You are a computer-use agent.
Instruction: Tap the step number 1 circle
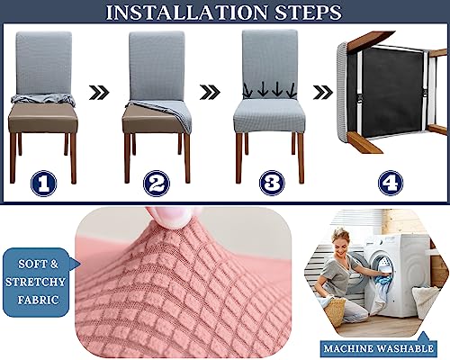(x=44, y=184)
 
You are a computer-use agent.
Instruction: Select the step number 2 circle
(x=157, y=184)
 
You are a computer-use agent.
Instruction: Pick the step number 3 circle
(x=272, y=183)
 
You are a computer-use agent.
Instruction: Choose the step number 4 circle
(x=391, y=183)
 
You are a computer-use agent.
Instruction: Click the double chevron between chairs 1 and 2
(x=99, y=92)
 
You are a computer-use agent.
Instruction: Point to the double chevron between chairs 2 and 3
(x=210, y=92)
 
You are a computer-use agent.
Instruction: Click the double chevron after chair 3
(x=323, y=92)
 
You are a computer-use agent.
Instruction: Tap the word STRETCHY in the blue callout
(x=36, y=282)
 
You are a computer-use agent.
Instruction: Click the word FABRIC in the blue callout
(x=38, y=300)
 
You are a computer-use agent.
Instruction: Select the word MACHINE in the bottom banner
(x=348, y=348)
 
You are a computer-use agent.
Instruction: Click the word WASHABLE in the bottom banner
(x=405, y=348)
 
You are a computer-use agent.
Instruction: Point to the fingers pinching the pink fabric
(x=169, y=217)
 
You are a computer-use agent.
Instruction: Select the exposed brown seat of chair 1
(x=43, y=118)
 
